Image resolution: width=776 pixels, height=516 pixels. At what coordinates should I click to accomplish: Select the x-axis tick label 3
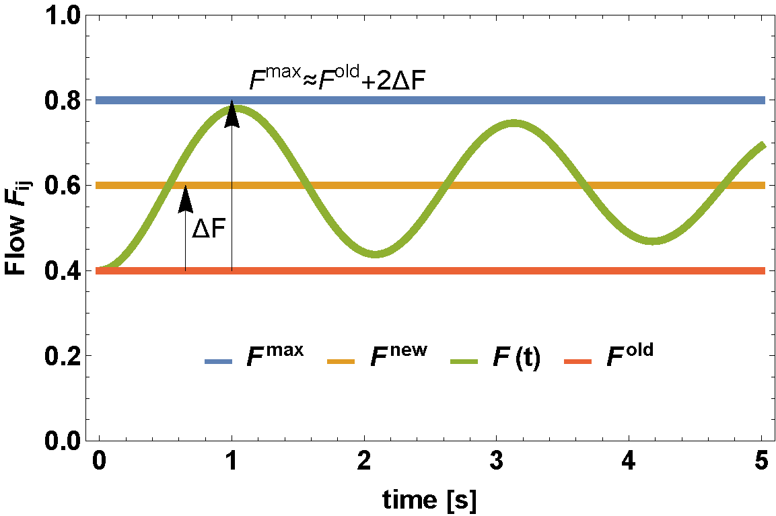(497, 462)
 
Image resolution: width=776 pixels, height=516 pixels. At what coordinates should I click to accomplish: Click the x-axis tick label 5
(761, 462)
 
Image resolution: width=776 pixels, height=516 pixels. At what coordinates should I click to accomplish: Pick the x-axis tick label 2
(364, 462)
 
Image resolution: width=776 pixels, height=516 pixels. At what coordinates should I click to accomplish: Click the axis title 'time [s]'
(430, 499)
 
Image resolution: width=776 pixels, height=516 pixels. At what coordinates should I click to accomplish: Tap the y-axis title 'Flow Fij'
(17, 228)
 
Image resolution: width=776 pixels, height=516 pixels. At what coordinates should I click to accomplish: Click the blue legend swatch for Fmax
(219, 362)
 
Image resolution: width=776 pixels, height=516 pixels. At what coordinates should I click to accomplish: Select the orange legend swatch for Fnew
(341, 362)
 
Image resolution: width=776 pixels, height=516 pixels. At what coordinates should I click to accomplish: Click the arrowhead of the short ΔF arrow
(185, 197)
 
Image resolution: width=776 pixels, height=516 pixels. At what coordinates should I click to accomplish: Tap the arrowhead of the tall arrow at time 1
(232, 112)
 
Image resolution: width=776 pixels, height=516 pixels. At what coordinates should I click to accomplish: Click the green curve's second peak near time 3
(514, 124)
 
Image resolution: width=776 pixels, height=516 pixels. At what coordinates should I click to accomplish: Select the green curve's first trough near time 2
(376, 254)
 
